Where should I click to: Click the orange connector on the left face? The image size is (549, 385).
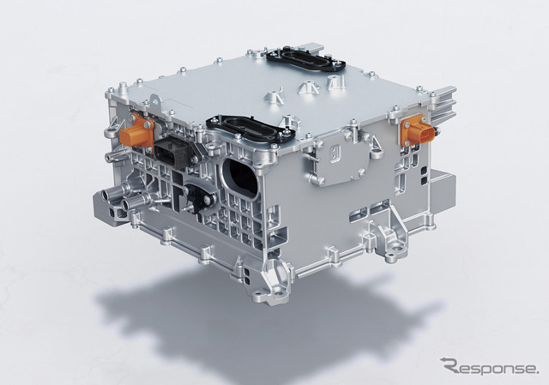136,132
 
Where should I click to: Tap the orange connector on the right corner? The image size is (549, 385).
416,131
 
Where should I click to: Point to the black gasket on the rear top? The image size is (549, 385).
305,59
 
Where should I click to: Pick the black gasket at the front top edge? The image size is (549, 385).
250,128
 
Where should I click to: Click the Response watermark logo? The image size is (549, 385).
489,366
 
